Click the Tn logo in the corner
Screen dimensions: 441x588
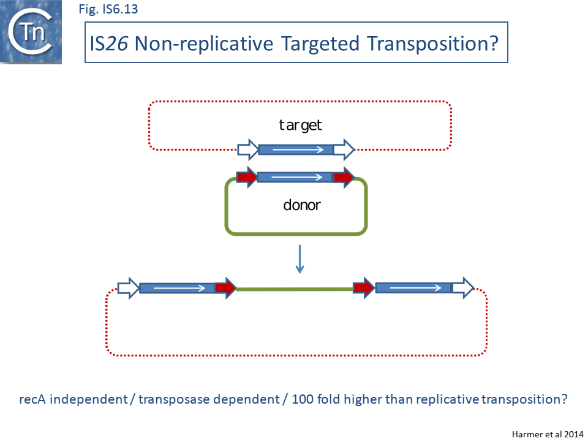coord(31,32)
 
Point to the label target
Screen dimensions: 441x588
coord(300,126)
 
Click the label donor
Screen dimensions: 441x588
coord(301,205)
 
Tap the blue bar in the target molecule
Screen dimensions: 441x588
coord(295,149)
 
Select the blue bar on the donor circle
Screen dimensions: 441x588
coord(295,178)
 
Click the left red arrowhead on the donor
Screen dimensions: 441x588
coord(246,178)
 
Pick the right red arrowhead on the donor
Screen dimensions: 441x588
coord(343,178)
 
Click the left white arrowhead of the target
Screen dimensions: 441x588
coord(247,149)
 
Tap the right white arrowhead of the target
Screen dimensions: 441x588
coord(344,149)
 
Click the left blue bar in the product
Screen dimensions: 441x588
coord(177,288)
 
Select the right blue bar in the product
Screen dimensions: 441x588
coord(413,288)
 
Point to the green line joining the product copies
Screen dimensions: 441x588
coord(295,288)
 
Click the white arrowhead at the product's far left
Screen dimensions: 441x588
coord(128,288)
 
